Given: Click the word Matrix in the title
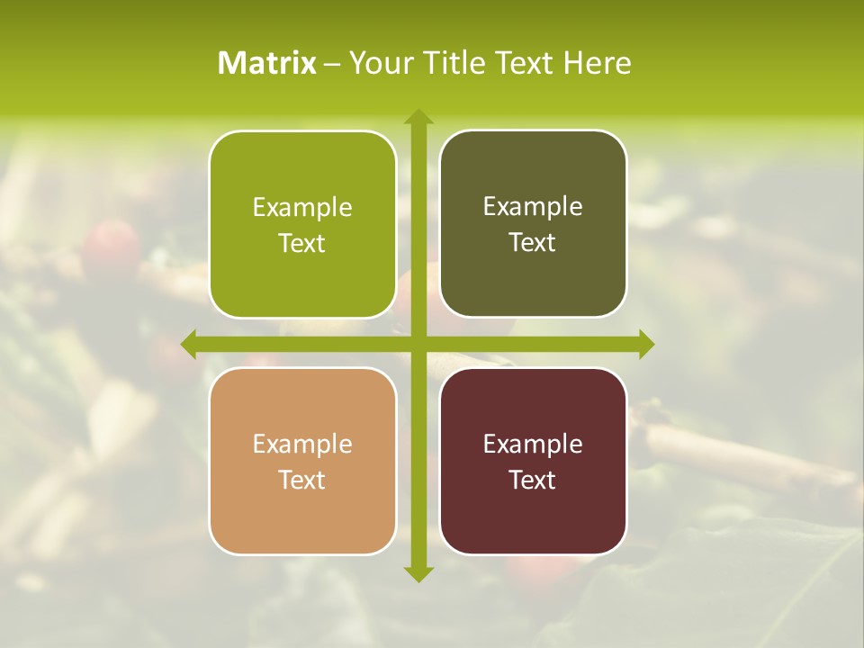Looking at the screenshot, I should pyautogui.click(x=267, y=63).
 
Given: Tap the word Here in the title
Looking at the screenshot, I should pyautogui.click(x=597, y=63).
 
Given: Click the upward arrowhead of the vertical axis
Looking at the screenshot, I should pyautogui.click(x=418, y=117).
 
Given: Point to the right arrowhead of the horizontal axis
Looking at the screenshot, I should pyautogui.click(x=646, y=344).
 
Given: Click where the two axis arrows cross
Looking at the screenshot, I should pyautogui.click(x=418, y=344).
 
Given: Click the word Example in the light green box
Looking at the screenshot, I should pyautogui.click(x=302, y=208).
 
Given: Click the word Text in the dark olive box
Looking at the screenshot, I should pyautogui.click(x=533, y=243).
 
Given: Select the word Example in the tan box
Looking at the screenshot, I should pyautogui.click(x=302, y=445).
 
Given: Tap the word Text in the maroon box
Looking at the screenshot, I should pyautogui.click(x=533, y=480).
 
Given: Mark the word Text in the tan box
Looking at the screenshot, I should pyautogui.click(x=302, y=480).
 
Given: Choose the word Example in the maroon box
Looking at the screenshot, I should pyautogui.click(x=533, y=445).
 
